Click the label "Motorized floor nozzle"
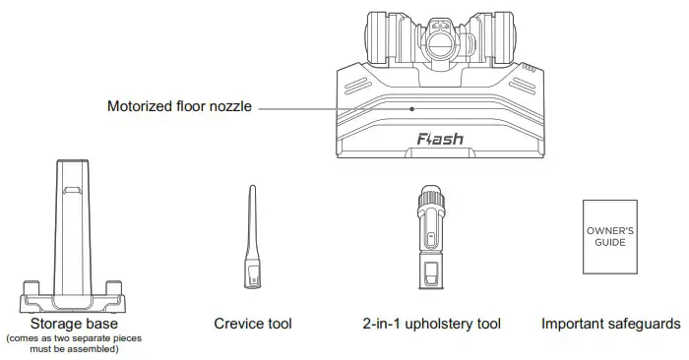(180, 106)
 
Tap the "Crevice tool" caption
(253, 323)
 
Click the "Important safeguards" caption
(610, 323)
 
